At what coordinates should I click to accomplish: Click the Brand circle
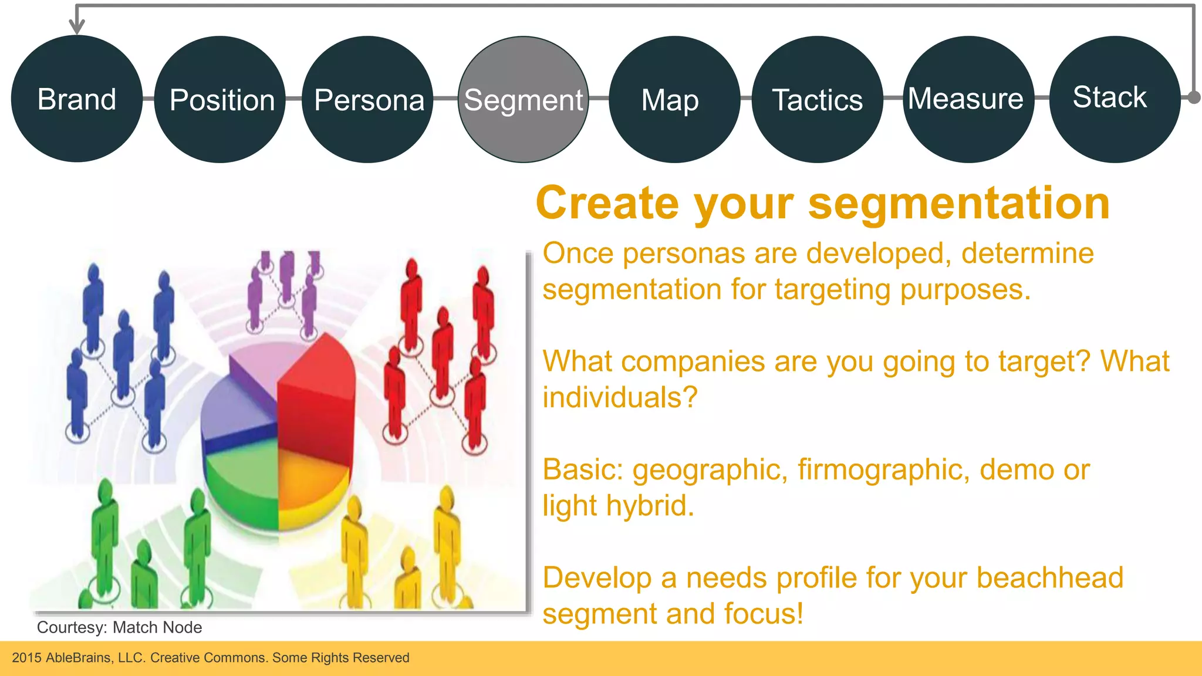point(76,99)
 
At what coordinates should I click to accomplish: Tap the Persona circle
point(368,100)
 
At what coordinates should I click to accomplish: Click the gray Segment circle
point(523,100)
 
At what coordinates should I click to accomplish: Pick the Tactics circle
point(817,100)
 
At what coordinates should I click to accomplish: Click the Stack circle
point(1113,99)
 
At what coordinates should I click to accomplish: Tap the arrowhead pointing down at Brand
point(77,26)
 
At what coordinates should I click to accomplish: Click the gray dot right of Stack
point(1194,97)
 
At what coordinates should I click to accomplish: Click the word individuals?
point(620,397)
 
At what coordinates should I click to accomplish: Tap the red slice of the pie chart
point(317,399)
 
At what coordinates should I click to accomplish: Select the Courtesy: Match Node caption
point(119,627)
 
